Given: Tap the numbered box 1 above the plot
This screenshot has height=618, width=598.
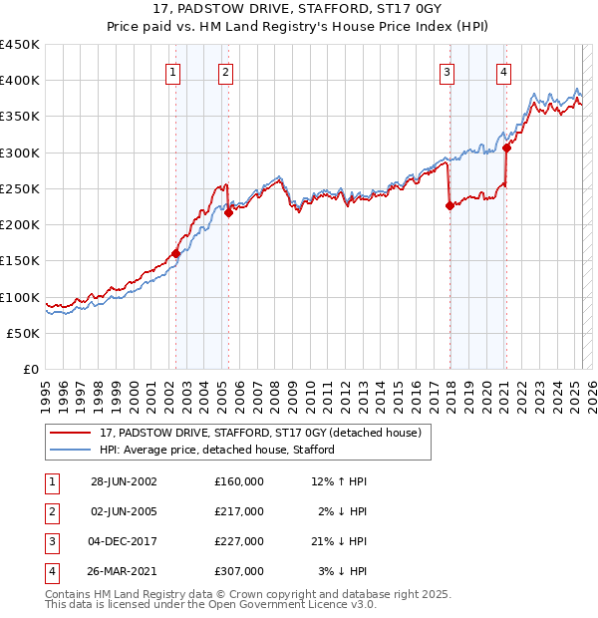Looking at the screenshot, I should [173, 72].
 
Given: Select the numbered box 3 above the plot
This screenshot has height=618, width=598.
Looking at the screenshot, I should [448, 72].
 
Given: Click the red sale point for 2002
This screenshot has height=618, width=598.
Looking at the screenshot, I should [176, 253].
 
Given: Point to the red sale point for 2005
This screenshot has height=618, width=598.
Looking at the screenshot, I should [228, 212].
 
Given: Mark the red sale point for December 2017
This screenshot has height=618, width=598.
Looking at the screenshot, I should [449, 205].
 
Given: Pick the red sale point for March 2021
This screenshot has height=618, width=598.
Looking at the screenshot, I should [506, 148].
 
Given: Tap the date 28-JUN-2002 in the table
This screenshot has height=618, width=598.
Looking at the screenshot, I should [124, 481].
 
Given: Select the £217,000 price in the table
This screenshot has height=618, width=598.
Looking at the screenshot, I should [238, 511].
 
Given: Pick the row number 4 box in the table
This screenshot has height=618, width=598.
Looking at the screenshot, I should [48, 571].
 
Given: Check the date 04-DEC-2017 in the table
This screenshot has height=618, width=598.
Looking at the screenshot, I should [124, 541].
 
